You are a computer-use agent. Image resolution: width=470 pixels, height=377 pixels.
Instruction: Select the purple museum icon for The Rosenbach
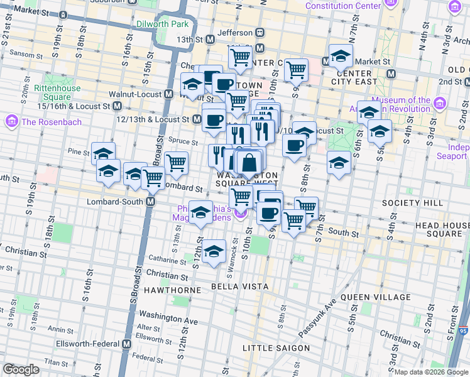[x=11, y=121]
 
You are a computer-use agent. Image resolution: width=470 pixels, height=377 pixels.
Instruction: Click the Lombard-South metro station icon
[x=151, y=202]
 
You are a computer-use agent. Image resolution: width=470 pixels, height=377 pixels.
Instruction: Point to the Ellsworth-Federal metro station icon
[x=127, y=344]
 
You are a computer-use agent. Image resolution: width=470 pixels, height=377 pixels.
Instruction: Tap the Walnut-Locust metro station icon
[x=168, y=94]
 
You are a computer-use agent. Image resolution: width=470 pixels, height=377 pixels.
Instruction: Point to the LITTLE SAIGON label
[x=276, y=348]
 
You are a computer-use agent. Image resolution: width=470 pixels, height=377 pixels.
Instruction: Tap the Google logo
[x=21, y=369]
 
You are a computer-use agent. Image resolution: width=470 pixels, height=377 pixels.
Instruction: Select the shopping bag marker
[x=249, y=162]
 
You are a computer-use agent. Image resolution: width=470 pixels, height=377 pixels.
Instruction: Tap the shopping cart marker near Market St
[x=295, y=69]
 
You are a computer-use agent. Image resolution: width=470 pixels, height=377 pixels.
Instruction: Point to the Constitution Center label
[x=343, y=6]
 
